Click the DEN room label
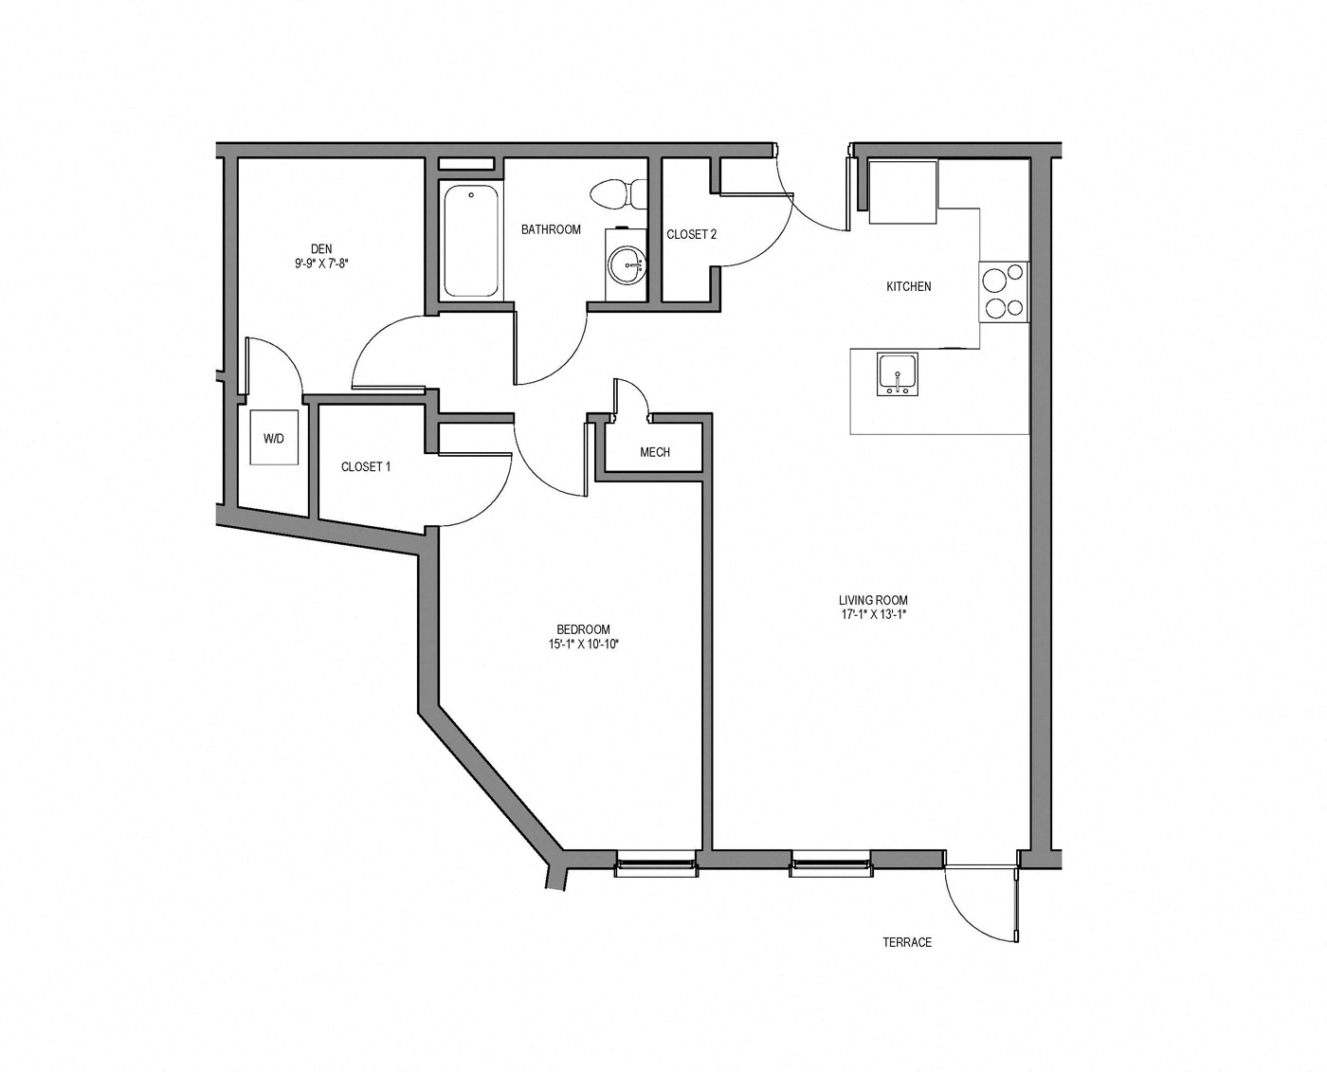321,249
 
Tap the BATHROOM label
551,229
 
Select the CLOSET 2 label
691,234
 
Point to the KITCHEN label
908,286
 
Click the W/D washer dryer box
274,438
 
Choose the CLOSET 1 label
366,466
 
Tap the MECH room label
655,452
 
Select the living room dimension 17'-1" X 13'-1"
873,614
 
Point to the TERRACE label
907,942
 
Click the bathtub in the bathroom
470,242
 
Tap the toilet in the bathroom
615,194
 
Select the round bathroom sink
626,264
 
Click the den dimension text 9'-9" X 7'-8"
321,264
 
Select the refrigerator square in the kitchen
903,192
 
